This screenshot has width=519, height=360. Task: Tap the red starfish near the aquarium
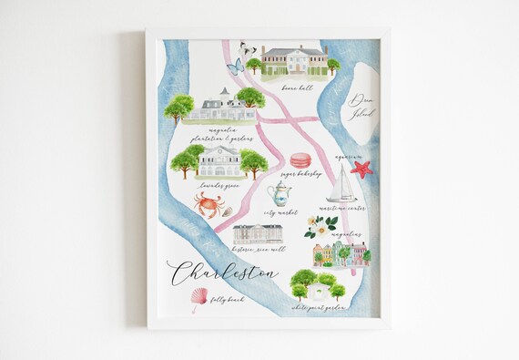361,169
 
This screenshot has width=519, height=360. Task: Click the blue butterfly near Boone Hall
235,66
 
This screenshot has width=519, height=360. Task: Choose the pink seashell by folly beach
198,297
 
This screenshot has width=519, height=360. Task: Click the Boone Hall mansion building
293,60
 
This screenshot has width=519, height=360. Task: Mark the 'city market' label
280,213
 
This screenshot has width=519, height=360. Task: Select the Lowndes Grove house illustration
219,160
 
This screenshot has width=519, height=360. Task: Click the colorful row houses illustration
339,255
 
